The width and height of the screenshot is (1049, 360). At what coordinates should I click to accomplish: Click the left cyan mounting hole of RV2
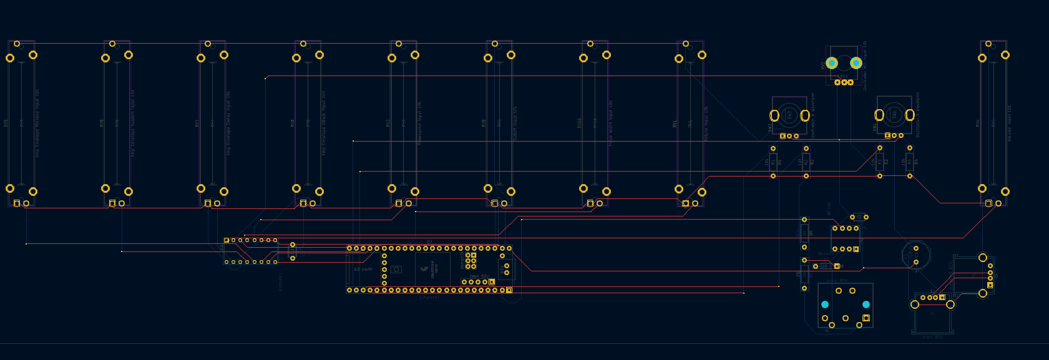tap(831, 63)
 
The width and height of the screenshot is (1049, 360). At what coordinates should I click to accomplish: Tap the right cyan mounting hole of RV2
tap(856, 63)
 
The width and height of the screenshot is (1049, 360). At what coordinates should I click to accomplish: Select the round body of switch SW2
tap(789, 115)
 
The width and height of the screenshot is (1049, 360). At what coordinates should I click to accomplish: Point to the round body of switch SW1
tap(894, 115)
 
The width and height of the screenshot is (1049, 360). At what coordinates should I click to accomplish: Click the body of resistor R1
tap(773, 162)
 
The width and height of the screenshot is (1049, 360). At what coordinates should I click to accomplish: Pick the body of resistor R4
tap(910, 162)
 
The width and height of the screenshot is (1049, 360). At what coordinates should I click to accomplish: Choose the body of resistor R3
tap(880, 162)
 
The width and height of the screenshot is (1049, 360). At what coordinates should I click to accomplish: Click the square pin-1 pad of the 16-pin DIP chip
tap(227, 240)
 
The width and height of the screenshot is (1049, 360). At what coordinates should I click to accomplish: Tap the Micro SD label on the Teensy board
tap(363, 270)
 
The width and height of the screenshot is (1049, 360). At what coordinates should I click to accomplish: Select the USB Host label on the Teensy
tap(479, 276)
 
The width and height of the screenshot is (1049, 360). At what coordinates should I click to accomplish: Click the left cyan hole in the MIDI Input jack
tap(825, 304)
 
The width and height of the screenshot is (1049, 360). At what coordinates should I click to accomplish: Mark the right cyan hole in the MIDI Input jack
tap(866, 304)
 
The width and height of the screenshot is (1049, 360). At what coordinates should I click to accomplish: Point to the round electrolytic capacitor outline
tap(915, 255)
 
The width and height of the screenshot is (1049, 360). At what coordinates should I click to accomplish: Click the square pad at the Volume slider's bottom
tap(988, 203)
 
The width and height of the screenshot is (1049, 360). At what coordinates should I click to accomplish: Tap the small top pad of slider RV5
tap(17, 44)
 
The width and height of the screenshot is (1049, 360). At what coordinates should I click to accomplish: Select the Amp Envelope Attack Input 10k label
tap(324, 124)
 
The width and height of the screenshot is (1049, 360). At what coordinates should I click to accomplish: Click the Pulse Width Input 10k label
tap(611, 124)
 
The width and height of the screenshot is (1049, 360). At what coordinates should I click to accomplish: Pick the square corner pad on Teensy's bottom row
tap(509, 290)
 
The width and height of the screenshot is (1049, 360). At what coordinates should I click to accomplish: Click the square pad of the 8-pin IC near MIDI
tap(856, 249)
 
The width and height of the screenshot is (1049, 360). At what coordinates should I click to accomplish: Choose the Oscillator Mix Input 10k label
tap(865, 66)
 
